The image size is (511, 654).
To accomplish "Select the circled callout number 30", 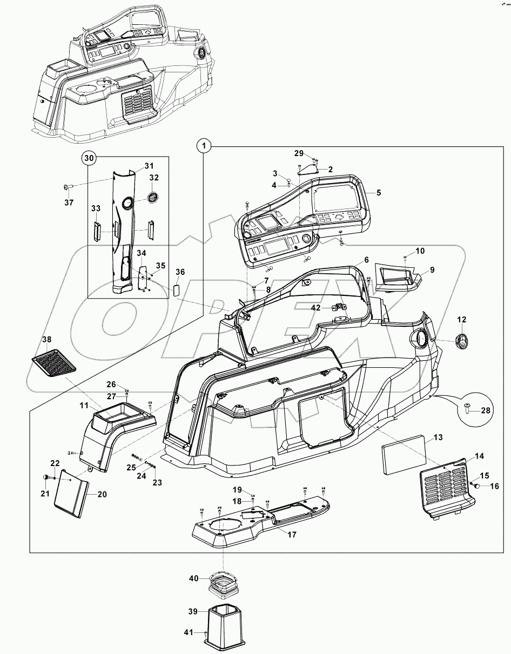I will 89,159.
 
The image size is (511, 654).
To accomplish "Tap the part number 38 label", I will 47,340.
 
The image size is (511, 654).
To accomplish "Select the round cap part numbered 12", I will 462,341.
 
